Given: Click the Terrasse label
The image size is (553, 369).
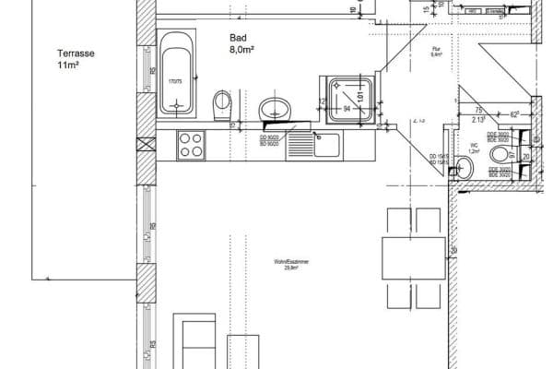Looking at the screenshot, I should (x=76, y=54).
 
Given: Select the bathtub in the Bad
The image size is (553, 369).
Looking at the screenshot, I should (x=175, y=74).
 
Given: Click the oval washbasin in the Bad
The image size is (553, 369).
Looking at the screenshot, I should (x=275, y=110).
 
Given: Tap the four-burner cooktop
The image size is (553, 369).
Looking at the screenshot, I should (x=191, y=145).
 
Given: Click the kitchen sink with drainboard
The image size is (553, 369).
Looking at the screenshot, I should (x=313, y=144).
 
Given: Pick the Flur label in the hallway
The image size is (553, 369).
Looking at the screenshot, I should (x=438, y=53).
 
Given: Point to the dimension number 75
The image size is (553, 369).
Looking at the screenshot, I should (x=479, y=109).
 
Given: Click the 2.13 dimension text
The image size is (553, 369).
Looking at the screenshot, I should (x=478, y=119).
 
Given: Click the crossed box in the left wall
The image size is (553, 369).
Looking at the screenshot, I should (x=145, y=145).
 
